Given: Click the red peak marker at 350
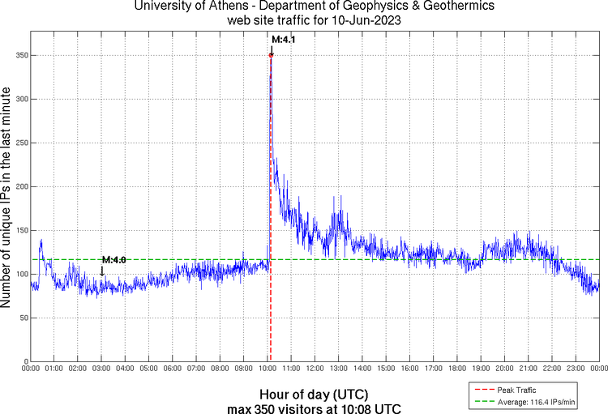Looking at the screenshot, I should tap(271, 55).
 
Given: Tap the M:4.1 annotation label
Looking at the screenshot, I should tap(284, 39).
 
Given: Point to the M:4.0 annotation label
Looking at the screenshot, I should tap(113, 259).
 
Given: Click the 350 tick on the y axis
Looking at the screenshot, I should tap(18, 55).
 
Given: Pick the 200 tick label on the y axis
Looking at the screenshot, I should tap(18, 186).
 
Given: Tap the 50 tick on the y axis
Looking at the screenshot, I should tap(20, 318).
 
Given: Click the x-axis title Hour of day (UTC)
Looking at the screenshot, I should tap(315, 395).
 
